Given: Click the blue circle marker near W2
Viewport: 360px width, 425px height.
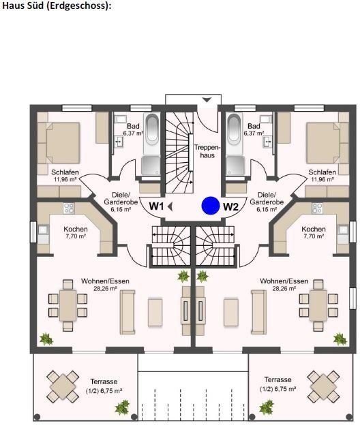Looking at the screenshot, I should (x=211, y=205).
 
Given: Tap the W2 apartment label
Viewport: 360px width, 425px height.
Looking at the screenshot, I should (x=230, y=206).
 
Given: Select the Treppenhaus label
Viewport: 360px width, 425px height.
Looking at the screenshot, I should (x=205, y=151).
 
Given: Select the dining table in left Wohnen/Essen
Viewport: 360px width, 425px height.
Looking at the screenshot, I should (x=68, y=303).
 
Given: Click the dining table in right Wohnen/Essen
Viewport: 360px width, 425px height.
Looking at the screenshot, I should (x=318, y=303).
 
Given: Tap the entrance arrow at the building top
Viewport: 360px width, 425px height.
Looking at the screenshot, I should (x=207, y=101).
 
